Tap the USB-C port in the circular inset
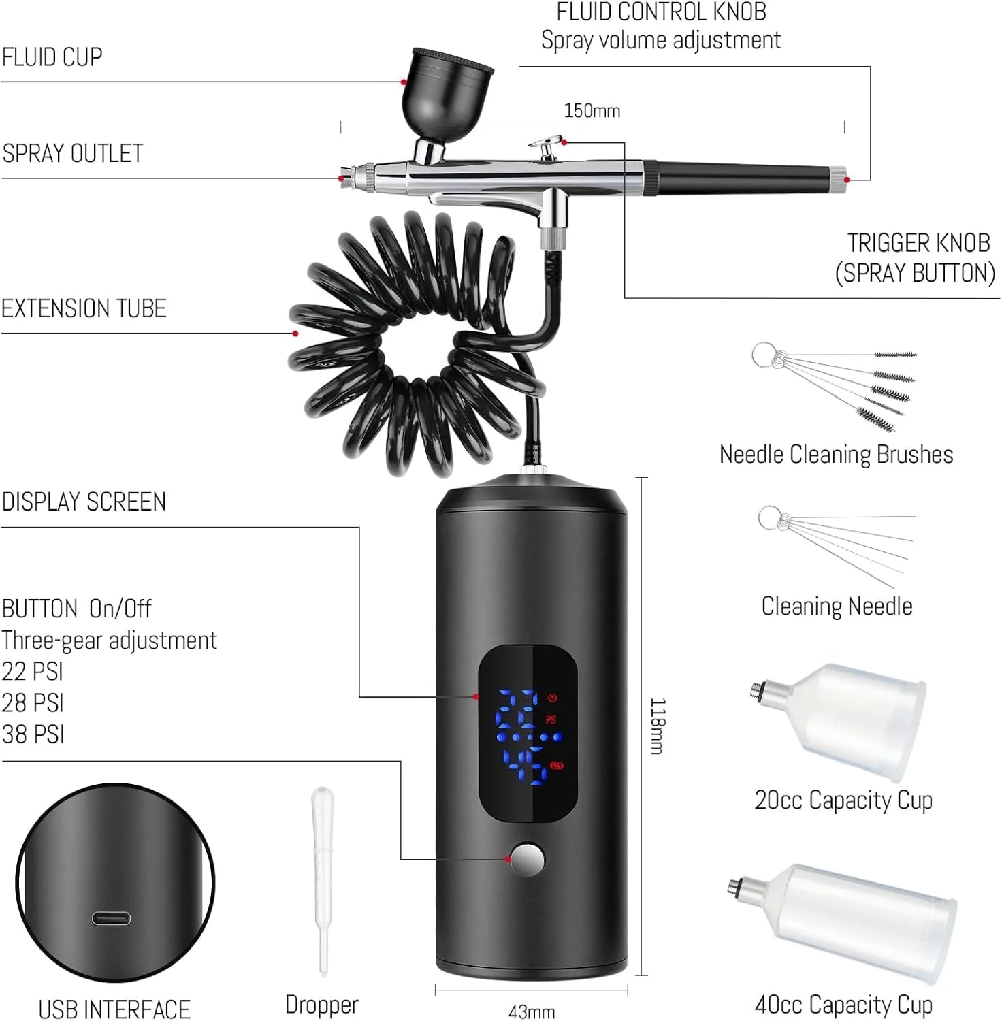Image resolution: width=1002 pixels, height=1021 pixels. point(112,919)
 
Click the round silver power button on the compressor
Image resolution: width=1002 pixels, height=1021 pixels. point(528,859)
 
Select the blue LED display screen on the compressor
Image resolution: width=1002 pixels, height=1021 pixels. point(528,735)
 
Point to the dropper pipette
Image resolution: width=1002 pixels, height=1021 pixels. point(322,881)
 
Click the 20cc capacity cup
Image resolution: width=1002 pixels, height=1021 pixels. point(840,722)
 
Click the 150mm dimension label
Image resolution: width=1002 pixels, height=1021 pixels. point(592,111)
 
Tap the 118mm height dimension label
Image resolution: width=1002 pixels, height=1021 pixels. point(658,726)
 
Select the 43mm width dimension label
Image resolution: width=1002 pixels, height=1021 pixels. point(532,1012)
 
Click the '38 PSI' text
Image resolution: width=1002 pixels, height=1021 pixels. point(33,734)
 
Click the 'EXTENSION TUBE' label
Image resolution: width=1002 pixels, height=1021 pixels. point(84,308)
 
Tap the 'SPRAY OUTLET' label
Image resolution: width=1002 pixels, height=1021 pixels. point(72,153)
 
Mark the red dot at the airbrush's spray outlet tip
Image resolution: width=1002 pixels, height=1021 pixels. point(340,178)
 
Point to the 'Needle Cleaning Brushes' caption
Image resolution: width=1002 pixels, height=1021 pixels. point(837,455)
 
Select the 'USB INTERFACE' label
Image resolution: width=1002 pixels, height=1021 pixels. point(114,1009)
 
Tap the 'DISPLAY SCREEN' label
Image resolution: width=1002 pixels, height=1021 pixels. point(84,502)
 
